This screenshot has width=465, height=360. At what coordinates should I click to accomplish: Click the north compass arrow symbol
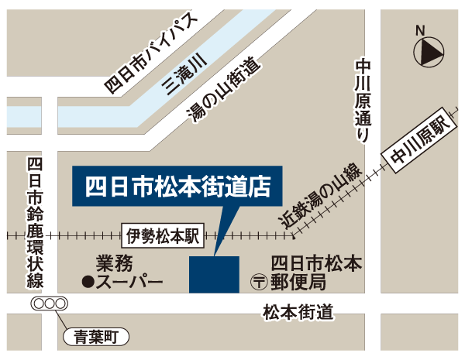(x=429, y=53)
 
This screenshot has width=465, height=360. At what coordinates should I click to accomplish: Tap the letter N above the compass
(x=421, y=31)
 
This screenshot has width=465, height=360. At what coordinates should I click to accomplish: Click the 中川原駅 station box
(x=419, y=142)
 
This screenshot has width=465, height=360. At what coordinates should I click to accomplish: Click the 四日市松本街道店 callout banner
(x=178, y=187)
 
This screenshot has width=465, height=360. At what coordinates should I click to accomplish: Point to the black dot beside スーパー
(x=88, y=280)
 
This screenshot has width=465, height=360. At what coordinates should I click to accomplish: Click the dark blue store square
(x=214, y=274)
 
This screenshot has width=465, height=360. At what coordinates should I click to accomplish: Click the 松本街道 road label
(x=298, y=312)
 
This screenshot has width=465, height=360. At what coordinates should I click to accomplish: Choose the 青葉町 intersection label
(x=95, y=336)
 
